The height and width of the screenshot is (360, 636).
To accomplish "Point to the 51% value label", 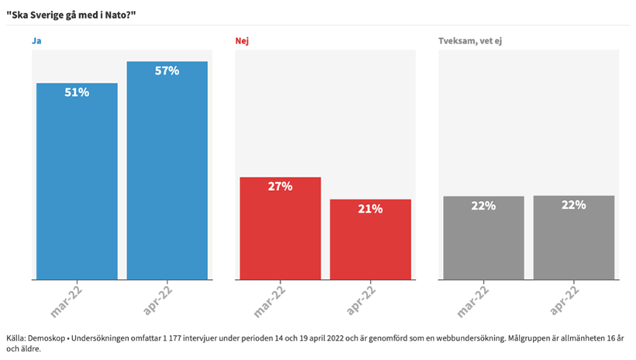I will coord(77,92).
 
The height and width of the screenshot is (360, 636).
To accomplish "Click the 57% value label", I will coord(167,71).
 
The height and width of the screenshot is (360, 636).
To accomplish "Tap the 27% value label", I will coord(280,186).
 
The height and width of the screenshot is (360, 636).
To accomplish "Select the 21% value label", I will coord(370,209).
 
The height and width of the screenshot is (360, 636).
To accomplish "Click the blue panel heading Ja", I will coord(36,40).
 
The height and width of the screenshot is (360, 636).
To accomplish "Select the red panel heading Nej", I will coord(241,40).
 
